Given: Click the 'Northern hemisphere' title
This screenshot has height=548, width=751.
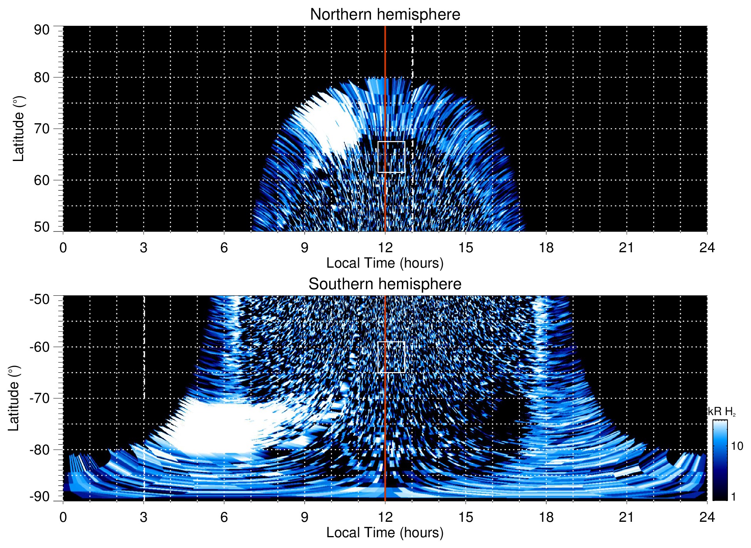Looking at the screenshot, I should (385, 15).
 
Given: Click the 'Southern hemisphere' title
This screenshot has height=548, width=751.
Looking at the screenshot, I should (385, 284).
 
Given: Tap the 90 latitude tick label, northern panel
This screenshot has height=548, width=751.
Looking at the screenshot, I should (42, 30).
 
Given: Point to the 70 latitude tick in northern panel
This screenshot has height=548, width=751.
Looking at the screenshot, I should (42, 129).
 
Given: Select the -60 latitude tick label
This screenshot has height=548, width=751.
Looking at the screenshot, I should (40, 347).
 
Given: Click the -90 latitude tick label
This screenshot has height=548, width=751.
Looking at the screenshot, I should (40, 497).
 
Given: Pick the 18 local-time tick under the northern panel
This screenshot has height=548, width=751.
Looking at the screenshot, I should (546, 248).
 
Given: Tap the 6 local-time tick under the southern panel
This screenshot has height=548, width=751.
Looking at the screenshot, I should (224, 517).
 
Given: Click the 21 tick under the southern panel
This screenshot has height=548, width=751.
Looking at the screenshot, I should (627, 517).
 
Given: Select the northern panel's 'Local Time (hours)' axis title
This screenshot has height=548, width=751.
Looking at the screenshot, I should (385, 263).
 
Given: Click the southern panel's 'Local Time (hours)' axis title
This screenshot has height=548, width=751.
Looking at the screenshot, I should (385, 533).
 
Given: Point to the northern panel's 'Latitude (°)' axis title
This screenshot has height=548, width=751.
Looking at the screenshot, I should (18, 129).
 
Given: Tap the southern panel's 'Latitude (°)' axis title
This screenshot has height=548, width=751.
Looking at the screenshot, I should (14, 398).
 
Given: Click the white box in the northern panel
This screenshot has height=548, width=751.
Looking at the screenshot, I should (391, 157).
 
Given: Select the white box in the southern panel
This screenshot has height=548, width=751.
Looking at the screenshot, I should (391, 357).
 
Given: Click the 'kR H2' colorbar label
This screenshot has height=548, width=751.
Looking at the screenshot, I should (722, 412).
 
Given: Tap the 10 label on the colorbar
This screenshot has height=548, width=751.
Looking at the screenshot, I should (737, 446).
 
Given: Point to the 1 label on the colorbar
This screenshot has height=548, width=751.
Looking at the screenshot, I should (733, 497).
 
